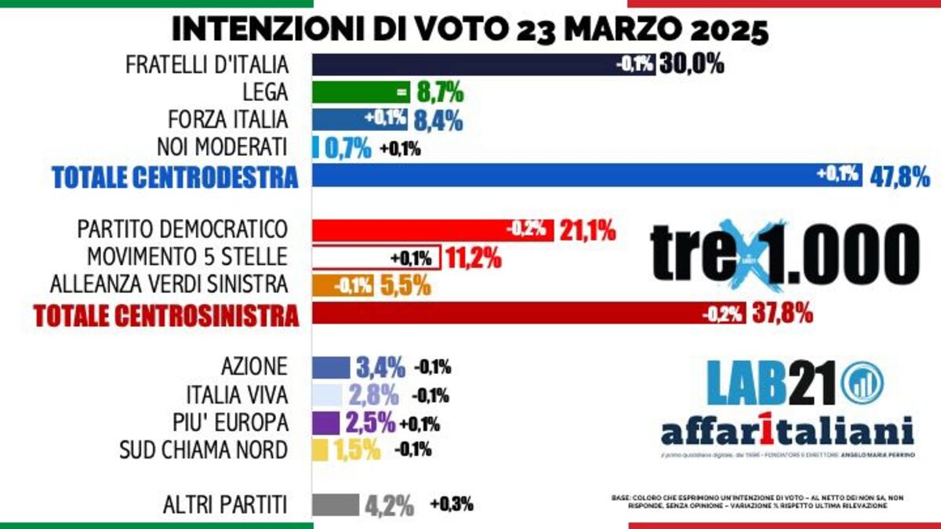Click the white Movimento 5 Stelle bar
pos(376,257)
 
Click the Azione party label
pos(254,366)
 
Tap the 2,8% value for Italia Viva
pos(374,394)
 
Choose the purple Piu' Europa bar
pos(325,422)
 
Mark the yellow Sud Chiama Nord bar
pos(320,449)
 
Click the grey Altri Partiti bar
pos(335,505)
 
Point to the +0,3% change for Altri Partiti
pos(451,505)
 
